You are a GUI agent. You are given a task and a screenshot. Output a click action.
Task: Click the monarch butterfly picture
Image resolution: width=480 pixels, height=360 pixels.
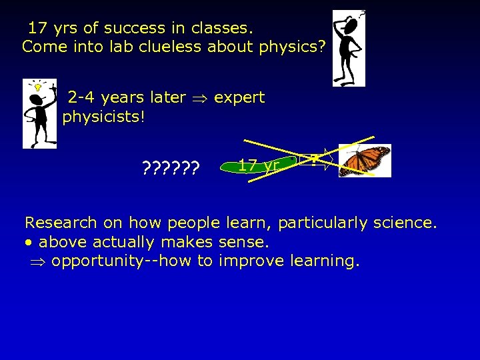pyautogui.click(x=365, y=161)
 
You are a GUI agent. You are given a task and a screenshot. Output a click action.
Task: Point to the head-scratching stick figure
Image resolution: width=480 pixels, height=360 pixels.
pyautogui.click(x=349, y=48)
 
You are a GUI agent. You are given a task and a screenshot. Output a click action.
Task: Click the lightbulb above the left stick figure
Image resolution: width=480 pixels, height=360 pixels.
pyautogui.click(x=38, y=87)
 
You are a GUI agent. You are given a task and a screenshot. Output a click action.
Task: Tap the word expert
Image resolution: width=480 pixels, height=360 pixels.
pyautogui.click(x=239, y=97)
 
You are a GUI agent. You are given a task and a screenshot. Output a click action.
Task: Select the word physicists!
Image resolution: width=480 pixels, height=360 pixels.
pyautogui.click(x=104, y=117)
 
